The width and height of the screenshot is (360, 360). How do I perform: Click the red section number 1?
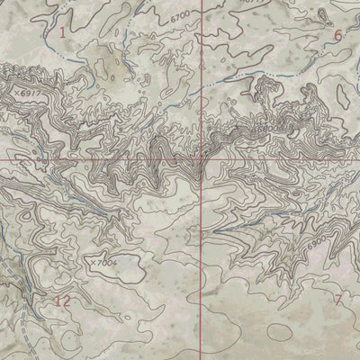[x=62, y=33]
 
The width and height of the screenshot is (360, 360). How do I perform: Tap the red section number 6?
[x=337, y=35]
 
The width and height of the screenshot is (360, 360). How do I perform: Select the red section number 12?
[x=61, y=301]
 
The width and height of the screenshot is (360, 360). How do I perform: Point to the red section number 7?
[x=338, y=300]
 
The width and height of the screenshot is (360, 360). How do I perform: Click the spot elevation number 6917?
[x=31, y=93]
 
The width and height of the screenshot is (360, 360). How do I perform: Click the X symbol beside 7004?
[x=92, y=262]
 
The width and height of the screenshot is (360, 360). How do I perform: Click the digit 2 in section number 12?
[x=66, y=301]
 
